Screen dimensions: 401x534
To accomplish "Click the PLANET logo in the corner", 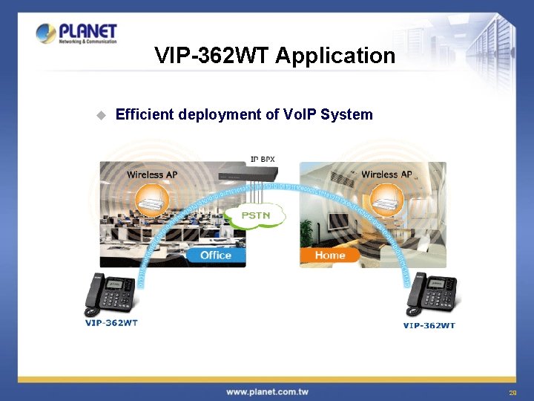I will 76,33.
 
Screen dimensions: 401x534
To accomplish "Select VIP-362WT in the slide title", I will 211,56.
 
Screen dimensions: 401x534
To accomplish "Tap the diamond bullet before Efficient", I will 100,115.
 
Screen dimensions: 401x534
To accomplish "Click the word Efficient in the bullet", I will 145,114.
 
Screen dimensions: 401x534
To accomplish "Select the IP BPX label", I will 263,159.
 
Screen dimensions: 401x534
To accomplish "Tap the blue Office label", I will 216,255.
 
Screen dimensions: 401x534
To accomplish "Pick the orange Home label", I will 329,255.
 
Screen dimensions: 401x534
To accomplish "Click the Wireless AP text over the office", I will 152,175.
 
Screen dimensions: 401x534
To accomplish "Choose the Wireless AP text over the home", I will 386,175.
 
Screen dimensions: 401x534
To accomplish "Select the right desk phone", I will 430,297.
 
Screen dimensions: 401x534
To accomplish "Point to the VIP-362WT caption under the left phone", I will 112,322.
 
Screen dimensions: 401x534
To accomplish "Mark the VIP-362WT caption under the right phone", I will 429,325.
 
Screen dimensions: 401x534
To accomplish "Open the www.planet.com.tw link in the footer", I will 267,391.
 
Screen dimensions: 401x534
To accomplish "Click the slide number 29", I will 512,393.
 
